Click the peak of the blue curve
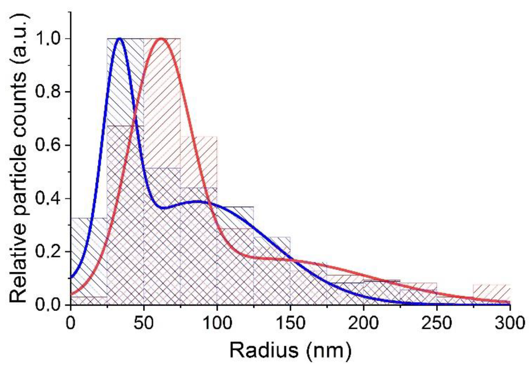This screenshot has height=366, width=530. coord(119,39)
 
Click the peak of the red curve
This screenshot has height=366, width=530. coord(161,39)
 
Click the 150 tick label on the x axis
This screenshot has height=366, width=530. coord(290,323)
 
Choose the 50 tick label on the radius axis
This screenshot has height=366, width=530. coord(144,323)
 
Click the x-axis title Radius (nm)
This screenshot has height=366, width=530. coord(290,350)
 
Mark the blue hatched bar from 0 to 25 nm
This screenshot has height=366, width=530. coord(89,260)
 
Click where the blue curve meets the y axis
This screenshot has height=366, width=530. coord(71,278)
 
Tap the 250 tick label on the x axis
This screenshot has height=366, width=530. coord(437,323)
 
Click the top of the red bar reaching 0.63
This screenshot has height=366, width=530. coord(199,137)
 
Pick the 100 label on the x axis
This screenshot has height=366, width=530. coord(217,323)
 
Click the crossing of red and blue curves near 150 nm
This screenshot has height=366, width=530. coord(292,260)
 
